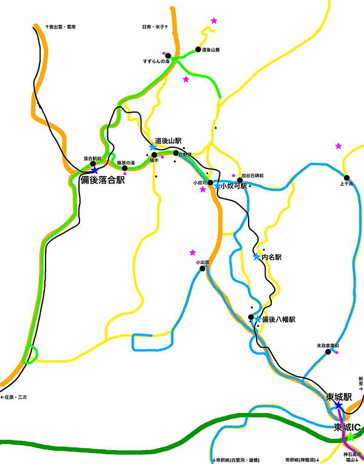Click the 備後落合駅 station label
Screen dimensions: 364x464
tap(103, 180)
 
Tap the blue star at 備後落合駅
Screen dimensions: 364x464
tap(94, 171)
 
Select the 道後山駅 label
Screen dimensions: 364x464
tap(168, 141)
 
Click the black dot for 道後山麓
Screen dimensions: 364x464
tap(198, 49)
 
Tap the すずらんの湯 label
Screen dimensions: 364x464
tap(157, 61)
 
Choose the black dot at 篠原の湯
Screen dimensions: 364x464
tap(125, 168)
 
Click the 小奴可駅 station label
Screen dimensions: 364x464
tap(234, 186)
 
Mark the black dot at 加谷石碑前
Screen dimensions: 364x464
tap(240, 180)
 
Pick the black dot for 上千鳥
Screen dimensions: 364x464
tap(347, 177)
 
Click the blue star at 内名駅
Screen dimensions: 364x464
tap(256, 257)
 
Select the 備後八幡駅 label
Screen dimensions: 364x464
tap(278, 319)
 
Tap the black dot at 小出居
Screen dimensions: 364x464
tap(202, 268)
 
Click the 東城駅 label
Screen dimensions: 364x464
tap(339, 397)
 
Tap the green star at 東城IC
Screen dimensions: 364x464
tap(350, 436)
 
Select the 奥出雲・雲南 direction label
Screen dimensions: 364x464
tap(61, 27)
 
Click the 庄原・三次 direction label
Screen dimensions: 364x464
tap(15, 397)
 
